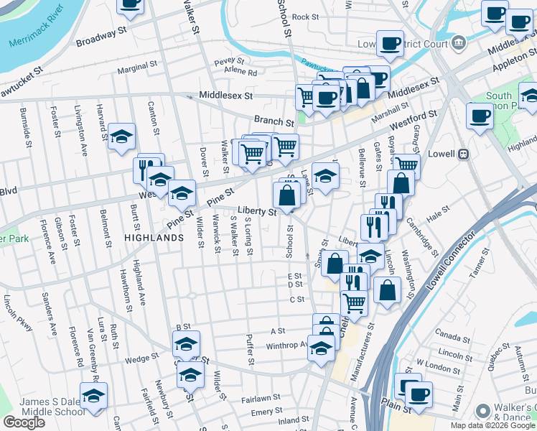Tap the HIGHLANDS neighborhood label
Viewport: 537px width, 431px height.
[x=154, y=236]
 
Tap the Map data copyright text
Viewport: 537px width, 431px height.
[x=493, y=425]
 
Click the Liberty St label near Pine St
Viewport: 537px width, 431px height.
[x=257, y=212]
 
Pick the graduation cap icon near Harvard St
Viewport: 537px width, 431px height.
[x=122, y=136]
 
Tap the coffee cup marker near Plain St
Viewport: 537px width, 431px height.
[x=419, y=393]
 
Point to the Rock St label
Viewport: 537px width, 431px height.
[x=305, y=17]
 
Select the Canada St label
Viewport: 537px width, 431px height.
[x=452, y=336]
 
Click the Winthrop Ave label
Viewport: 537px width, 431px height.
[x=286, y=345]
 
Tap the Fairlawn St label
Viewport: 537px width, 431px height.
[x=261, y=398]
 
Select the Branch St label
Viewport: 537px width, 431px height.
[x=274, y=122]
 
